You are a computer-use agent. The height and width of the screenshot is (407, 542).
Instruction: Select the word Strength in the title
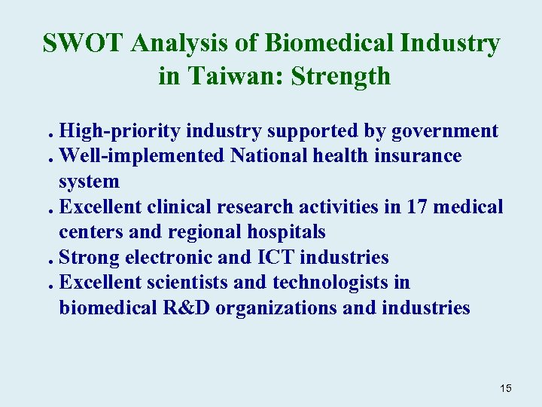[343, 75]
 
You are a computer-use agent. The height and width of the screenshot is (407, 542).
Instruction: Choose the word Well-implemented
[141, 156]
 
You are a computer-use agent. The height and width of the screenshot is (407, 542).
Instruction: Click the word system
[89, 182]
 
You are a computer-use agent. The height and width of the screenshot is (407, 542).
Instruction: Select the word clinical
[181, 207]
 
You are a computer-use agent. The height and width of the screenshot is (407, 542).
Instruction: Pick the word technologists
[325, 283]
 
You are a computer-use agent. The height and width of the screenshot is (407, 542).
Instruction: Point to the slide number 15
[505, 388]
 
